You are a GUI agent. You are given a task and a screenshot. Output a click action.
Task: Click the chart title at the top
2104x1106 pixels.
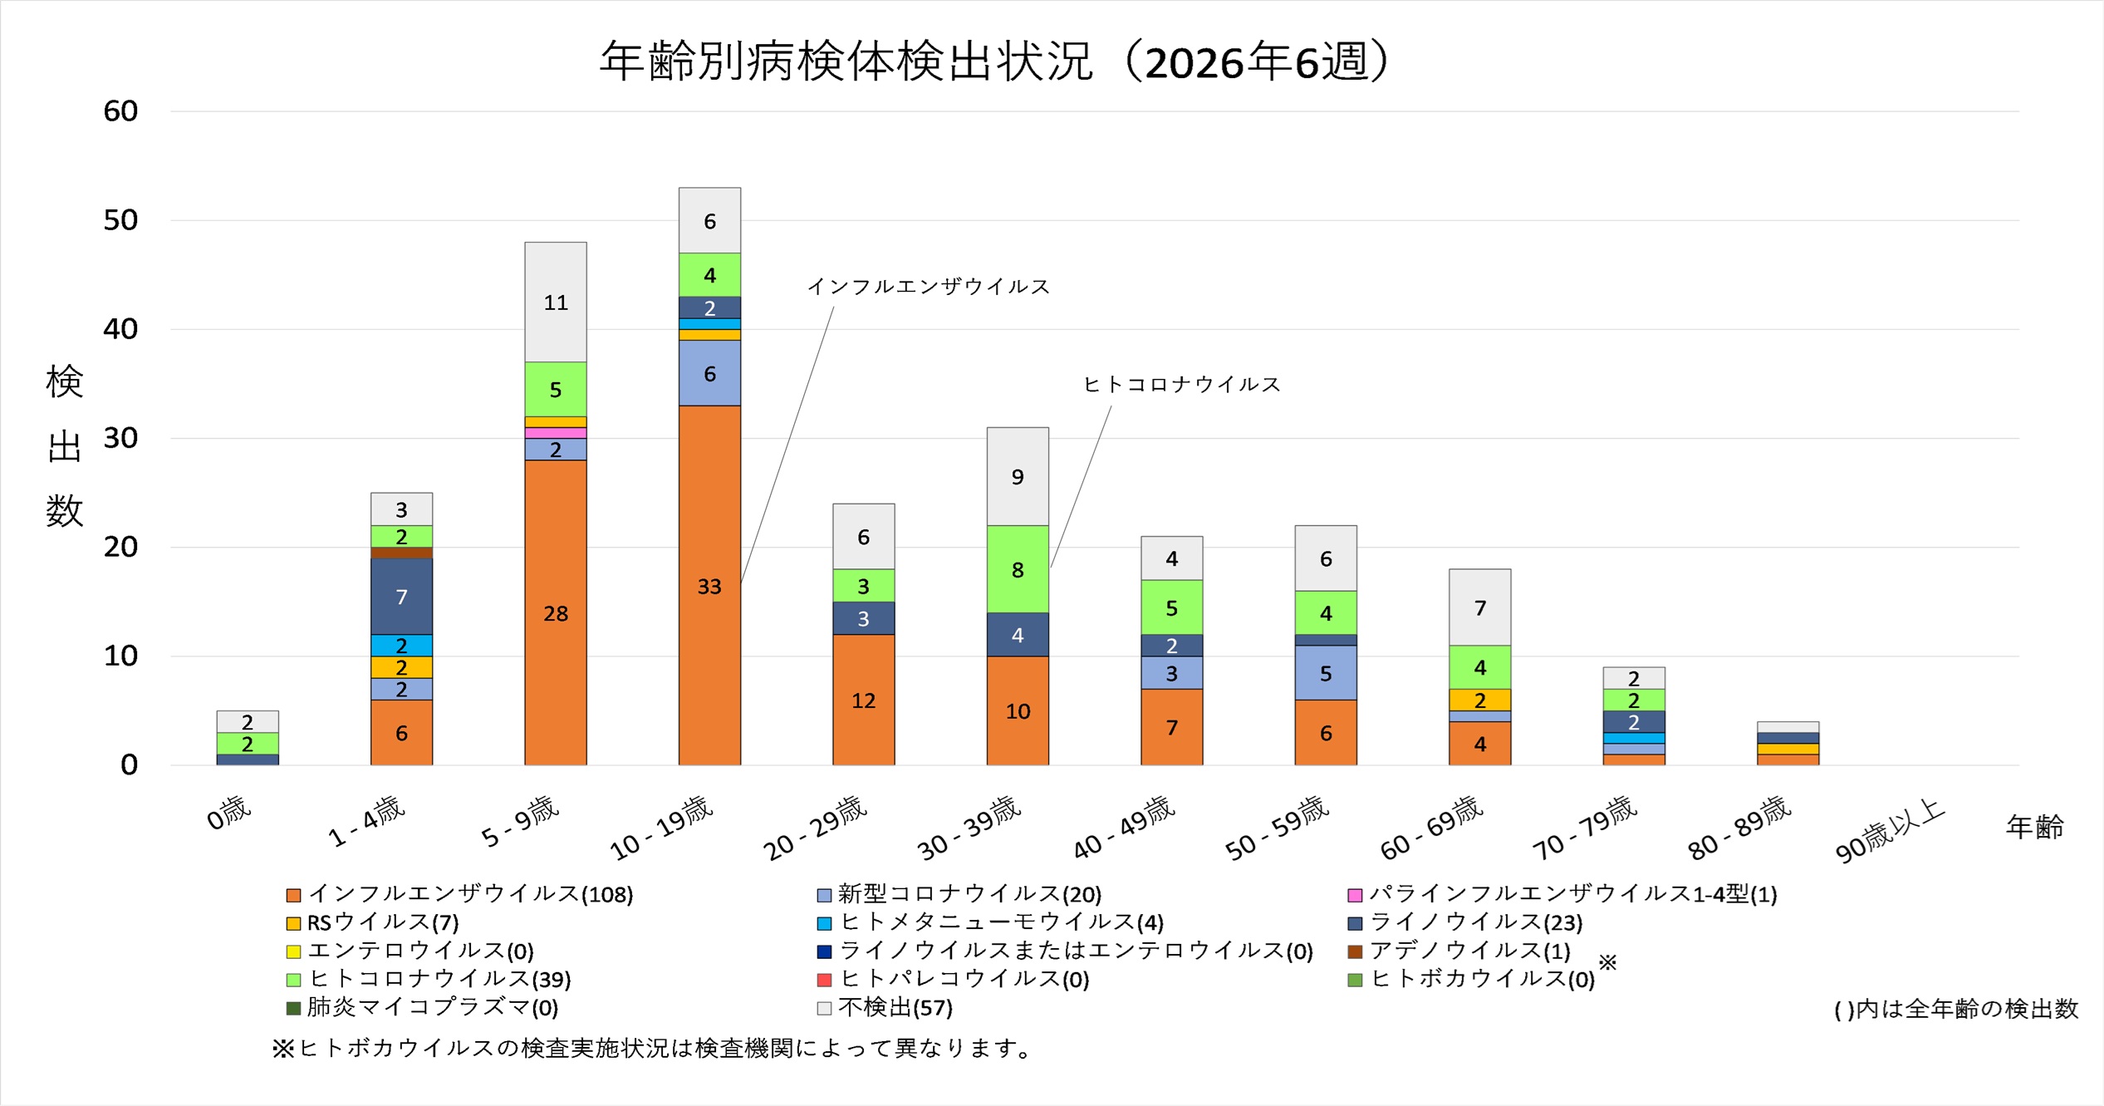[995, 62]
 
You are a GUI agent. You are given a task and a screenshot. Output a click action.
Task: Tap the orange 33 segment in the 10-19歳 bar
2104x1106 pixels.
[709, 585]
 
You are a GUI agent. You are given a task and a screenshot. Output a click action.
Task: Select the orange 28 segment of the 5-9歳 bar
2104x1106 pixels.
[555, 612]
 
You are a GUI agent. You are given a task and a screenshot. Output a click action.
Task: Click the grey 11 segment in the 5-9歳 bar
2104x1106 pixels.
[555, 302]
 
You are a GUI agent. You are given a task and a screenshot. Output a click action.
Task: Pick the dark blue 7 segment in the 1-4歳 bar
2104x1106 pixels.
[401, 596]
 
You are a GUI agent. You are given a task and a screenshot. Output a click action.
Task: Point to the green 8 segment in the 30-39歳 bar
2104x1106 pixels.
[1018, 569]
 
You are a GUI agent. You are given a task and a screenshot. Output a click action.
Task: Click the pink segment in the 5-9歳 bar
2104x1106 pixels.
[555, 433]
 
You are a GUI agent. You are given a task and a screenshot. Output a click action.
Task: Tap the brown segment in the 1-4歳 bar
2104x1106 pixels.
[401, 553]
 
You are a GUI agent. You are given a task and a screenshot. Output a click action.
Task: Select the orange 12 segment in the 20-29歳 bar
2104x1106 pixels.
[863, 700]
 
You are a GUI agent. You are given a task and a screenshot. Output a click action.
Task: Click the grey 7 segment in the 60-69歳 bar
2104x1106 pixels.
[1479, 607]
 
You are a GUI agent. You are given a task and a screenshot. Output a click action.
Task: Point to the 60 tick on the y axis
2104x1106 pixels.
[120, 111]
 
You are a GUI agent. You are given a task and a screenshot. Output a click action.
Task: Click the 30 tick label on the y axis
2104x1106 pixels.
[120, 438]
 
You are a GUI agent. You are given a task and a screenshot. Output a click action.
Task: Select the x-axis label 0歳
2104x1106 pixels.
[228, 813]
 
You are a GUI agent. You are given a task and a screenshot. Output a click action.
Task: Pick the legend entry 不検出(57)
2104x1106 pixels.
[895, 1008]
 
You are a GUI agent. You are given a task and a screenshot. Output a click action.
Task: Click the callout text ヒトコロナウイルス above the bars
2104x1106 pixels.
[1181, 384]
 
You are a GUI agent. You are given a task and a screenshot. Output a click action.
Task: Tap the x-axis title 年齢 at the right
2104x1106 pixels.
[2034, 827]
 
